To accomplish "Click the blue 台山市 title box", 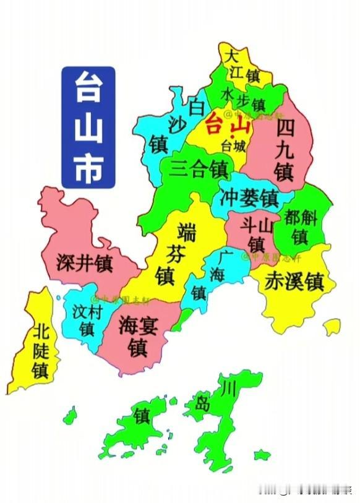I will point(88,126).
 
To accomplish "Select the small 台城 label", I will point(233,147).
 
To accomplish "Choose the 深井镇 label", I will point(84,264).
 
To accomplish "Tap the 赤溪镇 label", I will point(294,282).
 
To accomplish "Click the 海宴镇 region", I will point(137,336).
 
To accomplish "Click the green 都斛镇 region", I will point(301,227).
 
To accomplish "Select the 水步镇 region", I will point(243,98).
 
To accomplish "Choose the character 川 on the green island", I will point(229,389).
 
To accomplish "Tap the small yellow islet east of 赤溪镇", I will point(332,326).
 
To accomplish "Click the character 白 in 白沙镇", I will point(196,107).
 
